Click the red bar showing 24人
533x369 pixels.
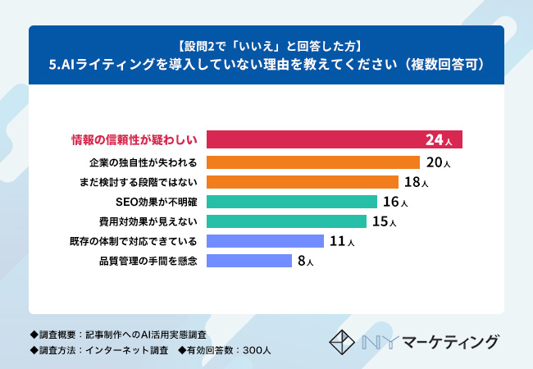334,139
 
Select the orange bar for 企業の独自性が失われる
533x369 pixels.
313,162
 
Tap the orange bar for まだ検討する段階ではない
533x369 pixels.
303,182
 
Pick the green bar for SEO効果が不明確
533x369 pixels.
292,202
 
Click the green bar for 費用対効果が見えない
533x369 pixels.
286,221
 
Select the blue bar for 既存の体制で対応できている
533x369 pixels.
265,241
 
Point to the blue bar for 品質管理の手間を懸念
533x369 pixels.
249,261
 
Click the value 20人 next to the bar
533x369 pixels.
439,162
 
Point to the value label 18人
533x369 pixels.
417,182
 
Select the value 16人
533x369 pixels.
395,202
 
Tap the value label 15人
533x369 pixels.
384,221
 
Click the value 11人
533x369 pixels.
341,241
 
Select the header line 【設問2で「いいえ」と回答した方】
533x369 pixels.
266,44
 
